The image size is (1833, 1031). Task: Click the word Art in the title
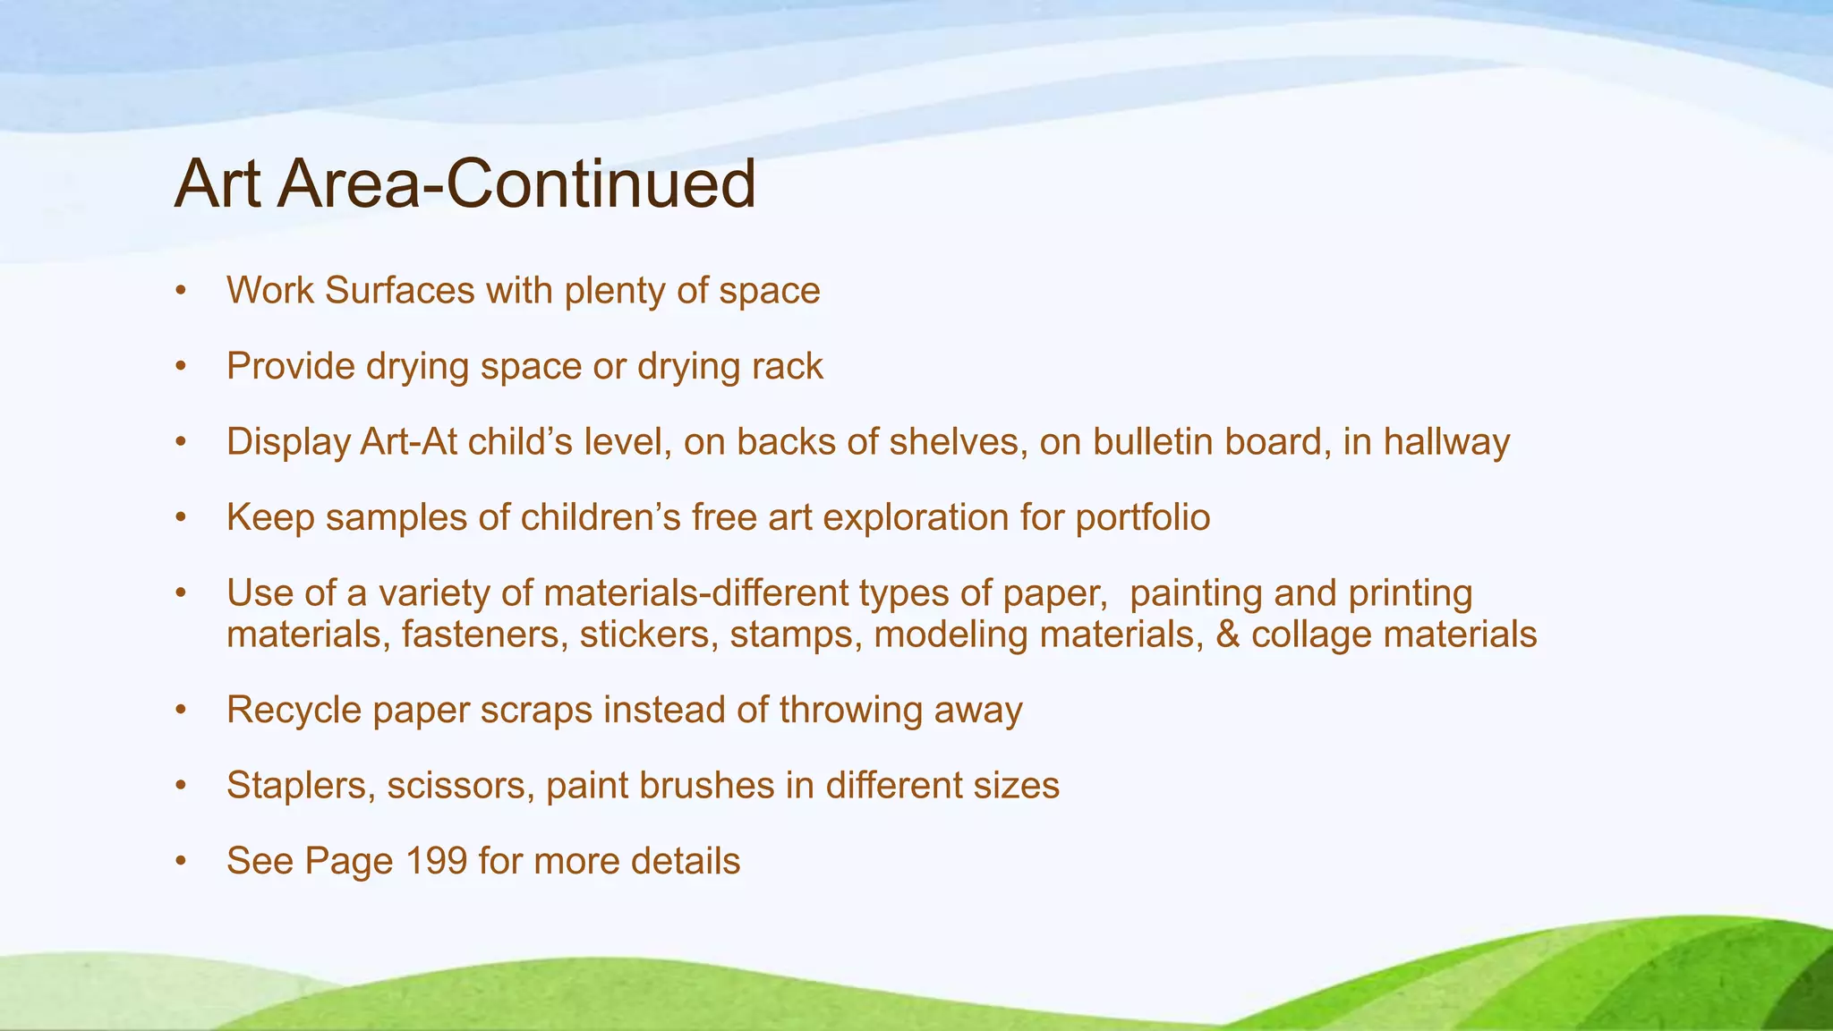coord(217,184)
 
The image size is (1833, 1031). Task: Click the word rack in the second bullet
coord(787,366)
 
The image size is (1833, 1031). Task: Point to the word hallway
coord(1446,442)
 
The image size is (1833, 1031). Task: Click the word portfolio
coord(1143,517)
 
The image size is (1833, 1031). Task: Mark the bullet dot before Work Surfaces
coord(181,292)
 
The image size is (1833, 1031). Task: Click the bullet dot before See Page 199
coord(181,862)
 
